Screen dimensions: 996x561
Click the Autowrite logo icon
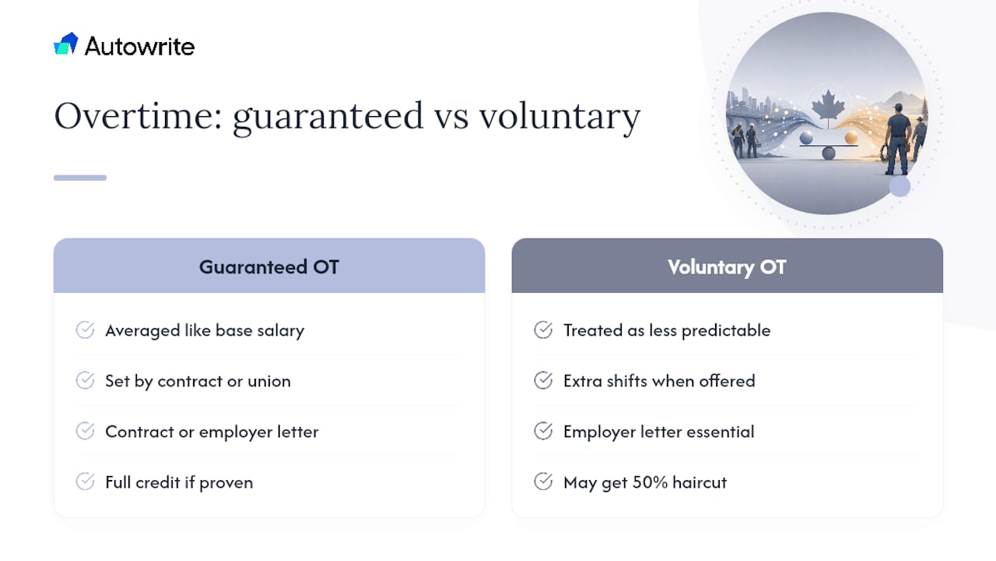pyautogui.click(x=66, y=44)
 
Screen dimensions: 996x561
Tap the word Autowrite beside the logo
pyautogui.click(x=139, y=46)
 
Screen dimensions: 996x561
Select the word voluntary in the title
pyautogui.click(x=559, y=118)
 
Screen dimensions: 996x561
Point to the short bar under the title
pyautogui.click(x=80, y=178)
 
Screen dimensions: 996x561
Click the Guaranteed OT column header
pyautogui.click(x=269, y=266)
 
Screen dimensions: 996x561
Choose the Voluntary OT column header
pyautogui.click(x=727, y=266)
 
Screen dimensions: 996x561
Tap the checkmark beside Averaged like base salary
pyautogui.click(x=85, y=330)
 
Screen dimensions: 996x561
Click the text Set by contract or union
pyautogui.click(x=198, y=382)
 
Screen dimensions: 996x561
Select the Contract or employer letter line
pyautogui.click(x=212, y=432)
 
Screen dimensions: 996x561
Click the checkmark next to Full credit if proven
pyautogui.click(x=85, y=482)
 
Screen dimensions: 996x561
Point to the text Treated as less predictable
pyautogui.click(x=667, y=331)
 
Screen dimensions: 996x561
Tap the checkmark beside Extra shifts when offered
pyautogui.click(x=543, y=381)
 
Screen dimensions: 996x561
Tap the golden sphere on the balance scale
pyautogui.click(x=851, y=138)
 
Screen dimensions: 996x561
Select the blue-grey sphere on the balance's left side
pyautogui.click(x=806, y=138)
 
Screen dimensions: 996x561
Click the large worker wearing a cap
pyautogui.click(x=898, y=139)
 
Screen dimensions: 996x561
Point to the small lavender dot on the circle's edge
pyautogui.click(x=900, y=186)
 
